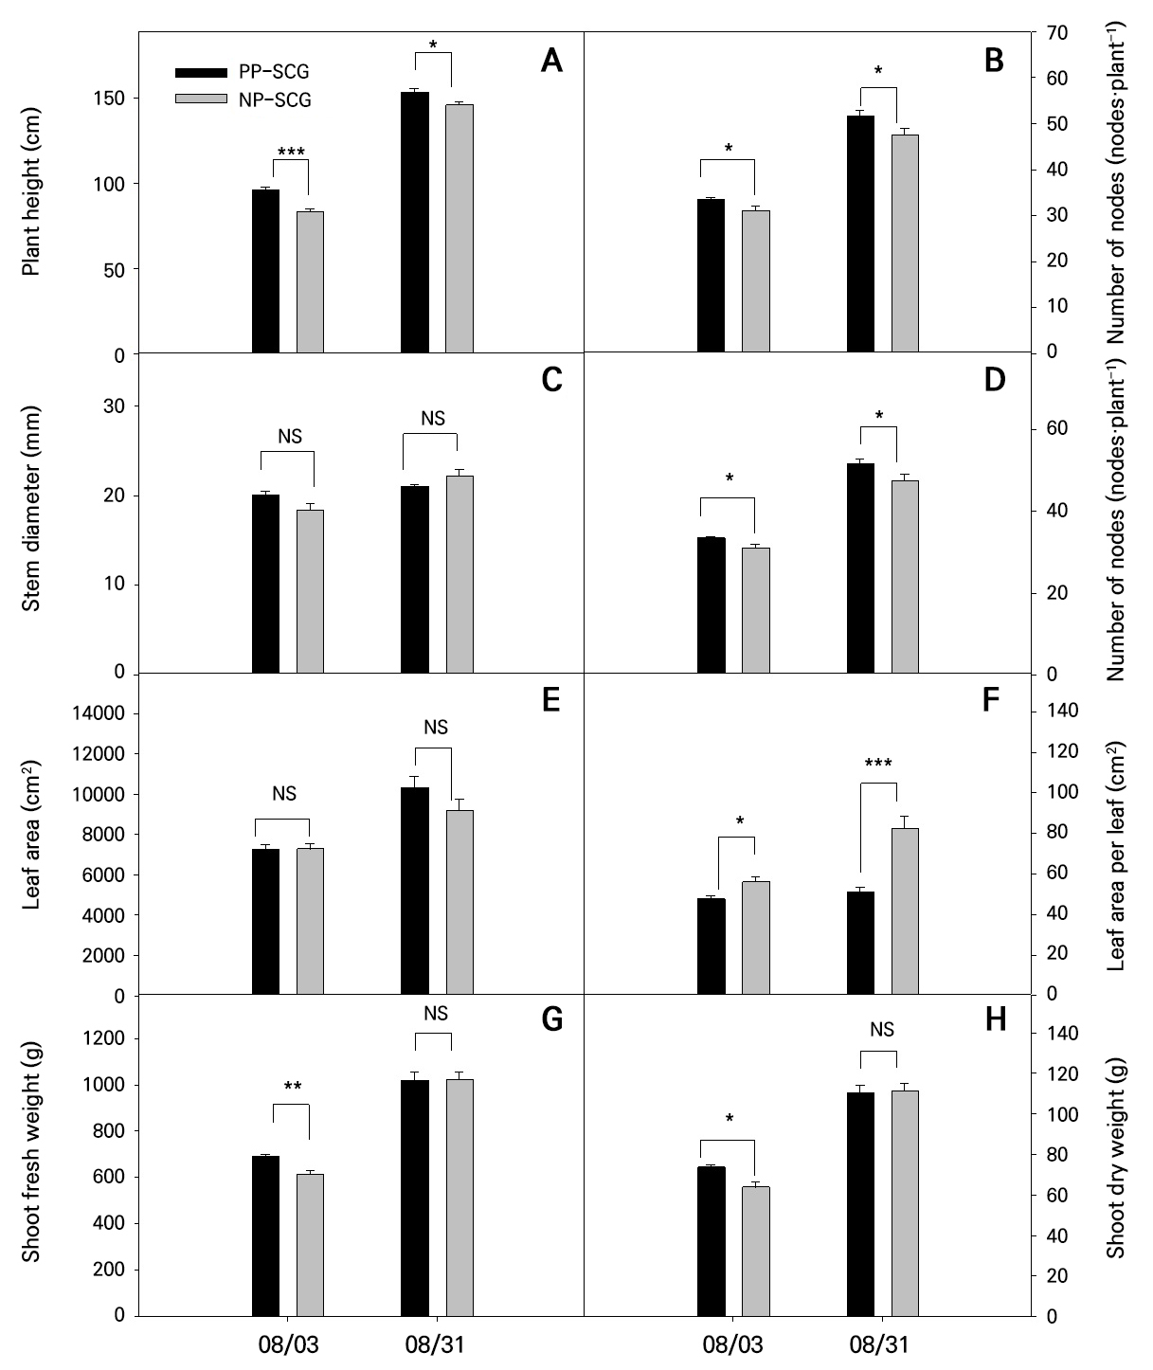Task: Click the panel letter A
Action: pos(551,62)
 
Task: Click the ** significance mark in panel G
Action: pos(292,1088)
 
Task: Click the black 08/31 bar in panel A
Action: pos(415,223)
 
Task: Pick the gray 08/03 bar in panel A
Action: pos(310,282)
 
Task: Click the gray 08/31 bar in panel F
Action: pos(905,910)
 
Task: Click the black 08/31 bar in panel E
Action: pos(415,891)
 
